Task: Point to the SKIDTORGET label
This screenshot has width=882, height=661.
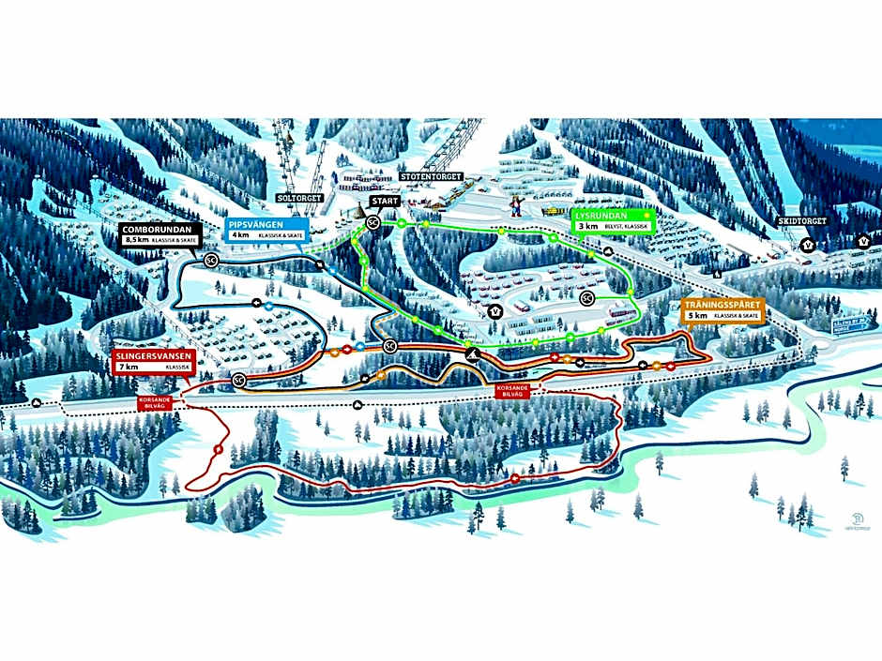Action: [x=798, y=223]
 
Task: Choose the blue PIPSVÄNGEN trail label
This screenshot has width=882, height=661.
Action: [x=266, y=224]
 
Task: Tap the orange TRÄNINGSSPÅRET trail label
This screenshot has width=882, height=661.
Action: [x=722, y=306]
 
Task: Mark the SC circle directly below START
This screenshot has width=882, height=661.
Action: [x=373, y=222]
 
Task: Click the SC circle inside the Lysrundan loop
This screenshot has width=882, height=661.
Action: [x=587, y=299]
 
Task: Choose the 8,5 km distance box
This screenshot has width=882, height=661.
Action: [x=138, y=240]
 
